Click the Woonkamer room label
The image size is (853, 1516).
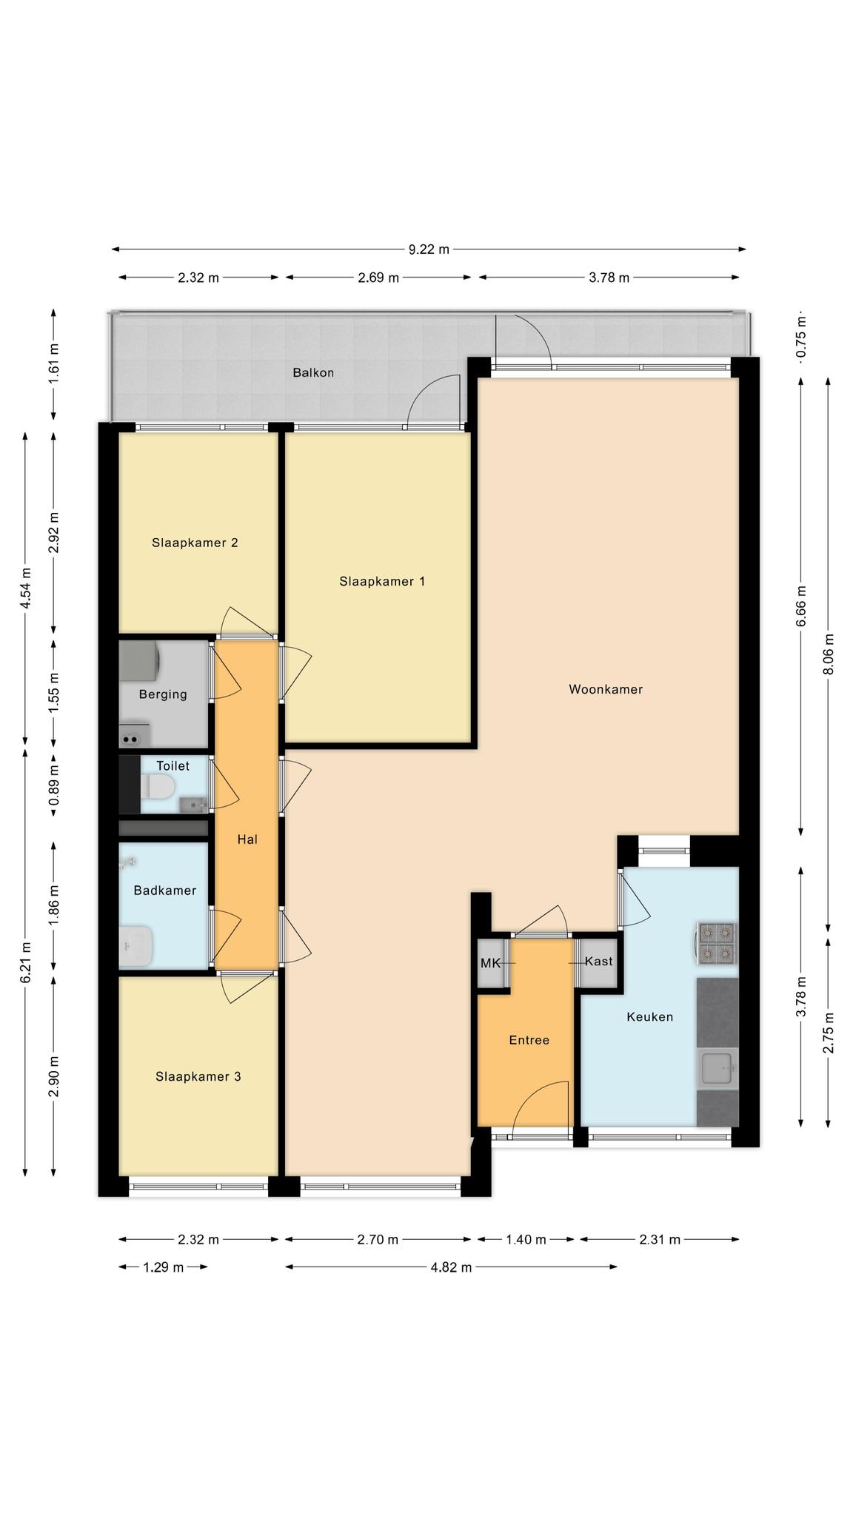[605, 689]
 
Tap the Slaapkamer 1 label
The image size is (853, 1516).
[382, 581]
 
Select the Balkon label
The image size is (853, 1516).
[313, 372]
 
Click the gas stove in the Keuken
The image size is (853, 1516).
[717, 943]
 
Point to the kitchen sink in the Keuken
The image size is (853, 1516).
[717, 1069]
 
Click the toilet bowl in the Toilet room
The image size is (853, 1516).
[159, 787]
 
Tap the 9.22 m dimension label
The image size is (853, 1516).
[429, 249]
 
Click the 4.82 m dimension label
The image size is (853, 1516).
[451, 1267]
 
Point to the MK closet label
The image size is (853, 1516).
[490, 962]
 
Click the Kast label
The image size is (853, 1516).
[598, 961]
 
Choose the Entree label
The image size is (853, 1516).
[529, 1040]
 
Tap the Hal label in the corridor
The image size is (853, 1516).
[247, 839]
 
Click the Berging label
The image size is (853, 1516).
[163, 694]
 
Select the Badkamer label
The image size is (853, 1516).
[164, 891]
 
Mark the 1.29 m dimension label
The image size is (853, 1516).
[163, 1267]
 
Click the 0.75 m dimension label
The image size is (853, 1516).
[800, 336]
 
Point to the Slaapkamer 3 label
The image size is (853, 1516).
[198, 1076]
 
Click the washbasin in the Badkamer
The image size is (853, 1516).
[136, 947]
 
